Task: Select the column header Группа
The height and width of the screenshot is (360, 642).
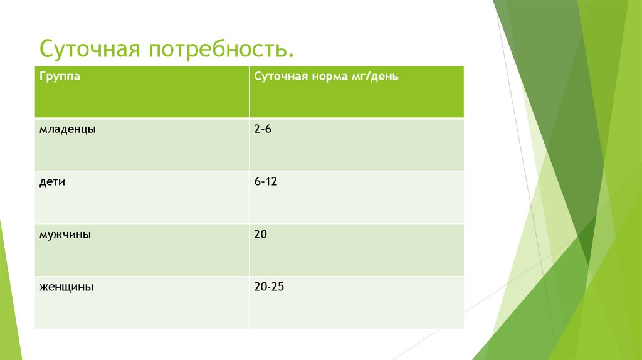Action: (x=59, y=77)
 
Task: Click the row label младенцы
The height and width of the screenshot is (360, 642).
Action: (x=68, y=129)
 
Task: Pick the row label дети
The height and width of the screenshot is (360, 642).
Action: (x=53, y=182)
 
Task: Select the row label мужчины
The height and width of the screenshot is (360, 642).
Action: (x=65, y=235)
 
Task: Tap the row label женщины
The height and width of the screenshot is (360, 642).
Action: (x=66, y=287)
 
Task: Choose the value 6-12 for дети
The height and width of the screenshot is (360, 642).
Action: (x=266, y=181)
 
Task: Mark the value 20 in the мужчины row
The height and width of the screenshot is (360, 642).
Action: (x=261, y=234)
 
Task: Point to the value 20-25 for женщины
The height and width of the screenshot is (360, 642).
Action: (x=270, y=287)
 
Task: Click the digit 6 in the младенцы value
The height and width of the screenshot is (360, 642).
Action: (x=268, y=129)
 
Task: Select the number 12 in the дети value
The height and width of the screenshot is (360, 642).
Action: (x=271, y=181)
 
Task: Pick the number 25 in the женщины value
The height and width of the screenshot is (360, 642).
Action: (x=278, y=287)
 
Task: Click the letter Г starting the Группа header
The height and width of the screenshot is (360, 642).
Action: (x=42, y=76)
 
